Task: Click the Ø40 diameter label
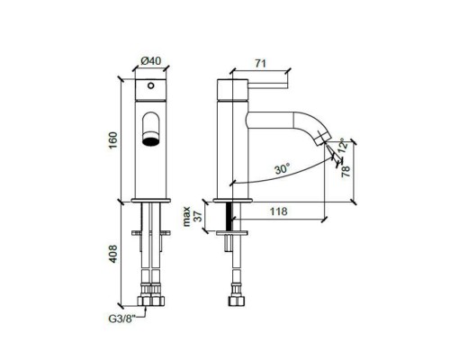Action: tap(150, 62)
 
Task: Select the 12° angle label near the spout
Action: tap(343, 144)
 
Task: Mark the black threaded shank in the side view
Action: tap(231, 216)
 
